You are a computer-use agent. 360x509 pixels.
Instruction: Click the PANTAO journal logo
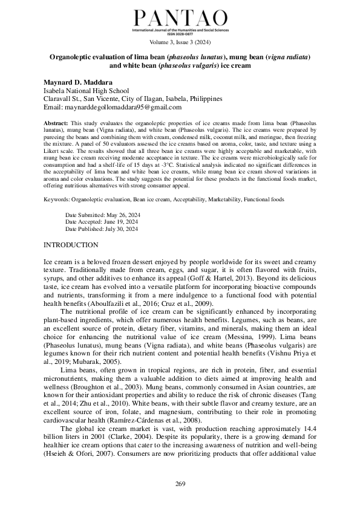pyautogui.click(x=180, y=18)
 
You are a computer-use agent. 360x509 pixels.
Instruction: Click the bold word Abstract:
pyautogui.click(x=56, y=123)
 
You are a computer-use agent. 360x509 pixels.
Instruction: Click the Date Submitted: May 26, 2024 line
pyautogui.click(x=101, y=215)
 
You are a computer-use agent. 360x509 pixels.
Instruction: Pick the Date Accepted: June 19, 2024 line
pyautogui.click(x=100, y=222)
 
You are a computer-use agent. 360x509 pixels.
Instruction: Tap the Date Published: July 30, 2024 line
pyautogui.click(x=101, y=229)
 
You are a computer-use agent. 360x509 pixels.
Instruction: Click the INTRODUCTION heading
pyautogui.click(x=71, y=245)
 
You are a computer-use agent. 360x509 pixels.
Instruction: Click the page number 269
pyautogui.click(x=180, y=484)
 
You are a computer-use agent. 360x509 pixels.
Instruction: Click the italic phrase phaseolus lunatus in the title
pyautogui.click(x=189, y=56)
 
